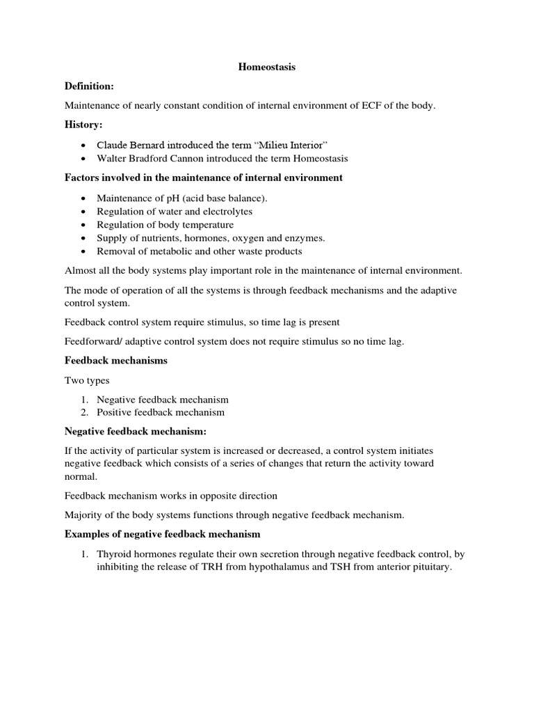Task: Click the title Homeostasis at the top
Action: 267,67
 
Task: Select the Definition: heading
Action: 89,86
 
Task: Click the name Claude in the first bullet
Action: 113,144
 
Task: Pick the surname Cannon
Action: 200,158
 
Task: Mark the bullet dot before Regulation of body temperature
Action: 83,225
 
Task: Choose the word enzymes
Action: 304,238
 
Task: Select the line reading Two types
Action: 87,380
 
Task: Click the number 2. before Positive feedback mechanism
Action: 83,412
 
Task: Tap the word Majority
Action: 83,515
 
